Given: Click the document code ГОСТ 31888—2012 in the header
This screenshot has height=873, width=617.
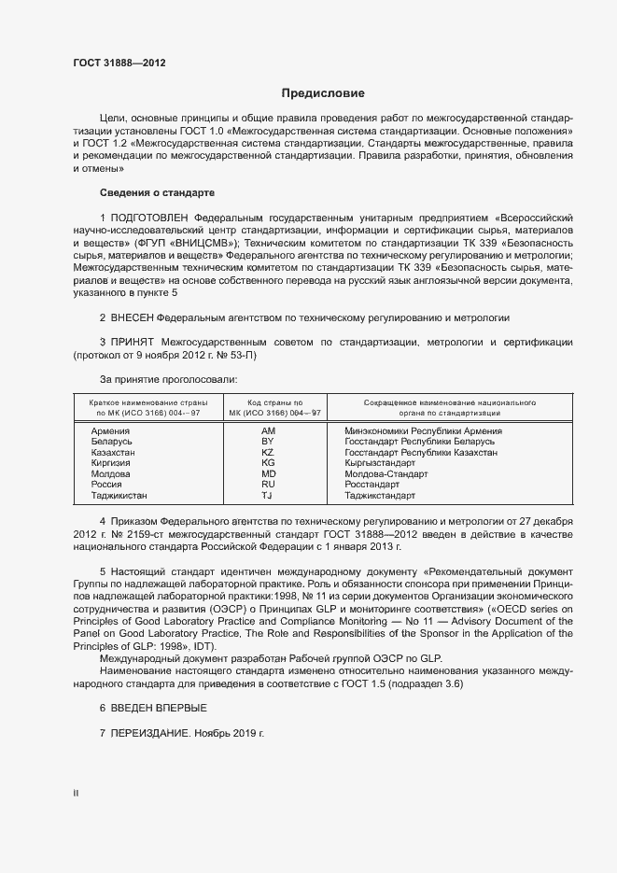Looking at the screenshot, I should [119, 63].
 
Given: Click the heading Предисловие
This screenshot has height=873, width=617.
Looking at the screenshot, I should [323, 93].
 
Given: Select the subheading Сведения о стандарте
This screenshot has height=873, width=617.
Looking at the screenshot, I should [157, 192].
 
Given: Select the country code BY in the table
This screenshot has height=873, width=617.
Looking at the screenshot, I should [267, 442].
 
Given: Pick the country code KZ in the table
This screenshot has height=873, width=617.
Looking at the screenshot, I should [267, 452].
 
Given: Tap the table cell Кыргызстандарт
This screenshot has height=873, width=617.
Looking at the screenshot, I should [380, 463].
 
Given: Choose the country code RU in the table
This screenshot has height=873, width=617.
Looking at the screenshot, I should [268, 485].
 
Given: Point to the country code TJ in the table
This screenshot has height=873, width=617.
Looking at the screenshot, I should [267, 496].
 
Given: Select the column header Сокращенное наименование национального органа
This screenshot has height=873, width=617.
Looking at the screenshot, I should [436, 406].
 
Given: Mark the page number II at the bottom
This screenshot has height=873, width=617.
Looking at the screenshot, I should [76, 794].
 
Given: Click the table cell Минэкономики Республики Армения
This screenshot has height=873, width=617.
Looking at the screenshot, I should [424, 431].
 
